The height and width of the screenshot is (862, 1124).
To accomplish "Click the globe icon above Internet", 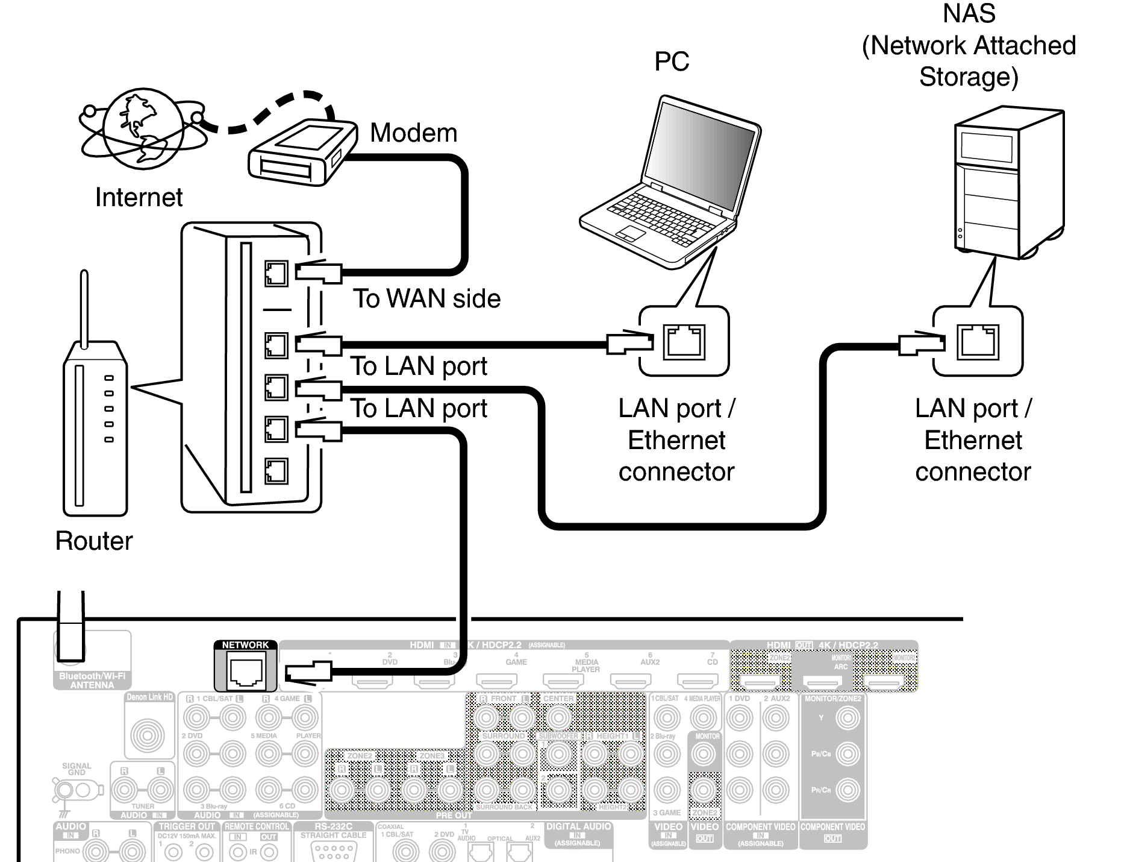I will click(142, 128).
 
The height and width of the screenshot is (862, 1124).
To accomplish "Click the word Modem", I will click(413, 133).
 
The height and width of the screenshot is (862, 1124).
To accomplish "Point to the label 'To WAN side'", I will click(426, 299).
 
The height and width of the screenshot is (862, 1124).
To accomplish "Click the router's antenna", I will click(84, 307).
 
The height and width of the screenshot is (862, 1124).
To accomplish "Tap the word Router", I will click(94, 541).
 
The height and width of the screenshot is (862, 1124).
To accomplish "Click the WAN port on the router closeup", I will click(276, 274).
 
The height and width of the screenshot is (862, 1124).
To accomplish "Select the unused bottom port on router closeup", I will click(276, 471).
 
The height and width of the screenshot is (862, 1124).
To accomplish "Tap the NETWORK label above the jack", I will click(245, 645).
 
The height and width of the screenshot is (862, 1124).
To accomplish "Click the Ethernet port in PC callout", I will click(683, 342).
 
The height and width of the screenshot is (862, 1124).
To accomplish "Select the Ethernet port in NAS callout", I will click(978, 342).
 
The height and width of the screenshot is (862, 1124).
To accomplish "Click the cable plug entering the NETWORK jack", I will click(308, 673).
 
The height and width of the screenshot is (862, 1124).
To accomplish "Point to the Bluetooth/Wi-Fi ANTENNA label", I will click(92, 681).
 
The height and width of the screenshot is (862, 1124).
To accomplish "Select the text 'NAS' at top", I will click(968, 14).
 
